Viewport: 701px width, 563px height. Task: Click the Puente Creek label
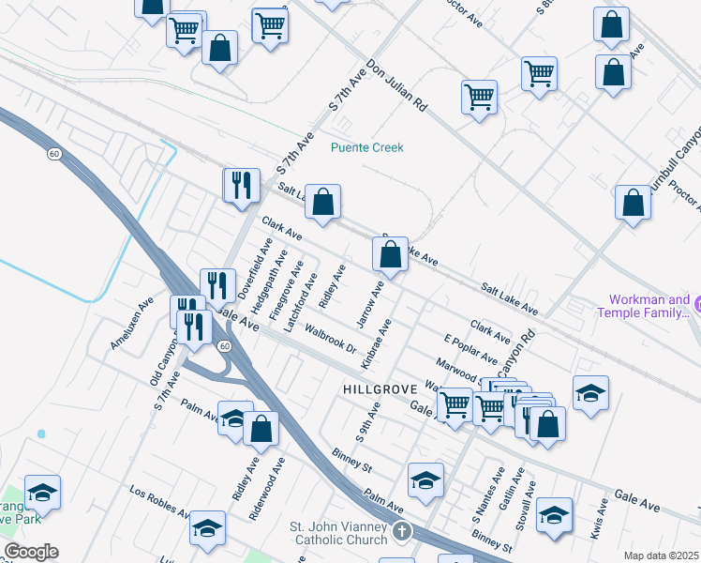click(x=366, y=147)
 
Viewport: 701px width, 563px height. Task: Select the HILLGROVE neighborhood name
click(x=378, y=388)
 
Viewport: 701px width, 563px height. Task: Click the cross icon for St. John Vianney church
click(x=402, y=531)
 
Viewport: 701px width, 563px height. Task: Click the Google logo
click(x=30, y=552)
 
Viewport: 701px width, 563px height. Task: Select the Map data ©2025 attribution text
click(x=662, y=555)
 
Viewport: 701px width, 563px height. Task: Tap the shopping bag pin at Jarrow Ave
click(x=390, y=254)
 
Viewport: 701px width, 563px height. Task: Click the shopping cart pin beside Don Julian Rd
click(x=479, y=98)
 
